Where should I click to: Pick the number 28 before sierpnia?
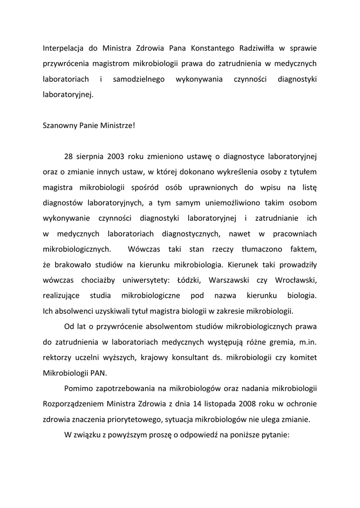click(69, 156)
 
